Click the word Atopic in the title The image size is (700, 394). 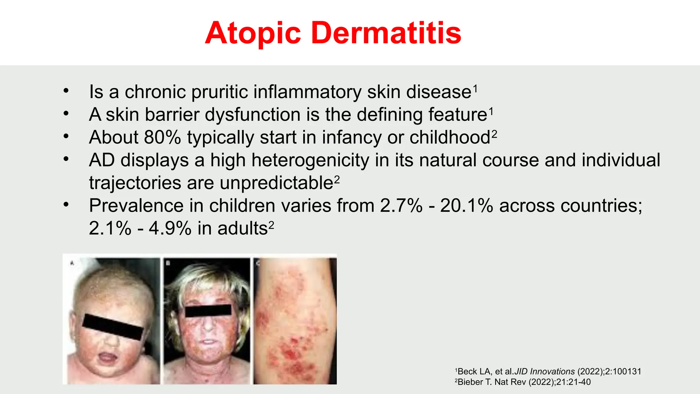click(x=253, y=33)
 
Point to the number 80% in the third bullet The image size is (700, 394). click(x=162, y=137)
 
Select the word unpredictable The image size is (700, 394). click(x=277, y=183)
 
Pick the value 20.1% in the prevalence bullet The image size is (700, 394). click(x=467, y=206)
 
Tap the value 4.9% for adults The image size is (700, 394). click(x=170, y=228)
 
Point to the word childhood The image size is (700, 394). click(x=450, y=137)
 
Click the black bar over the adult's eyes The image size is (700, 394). click(x=208, y=311)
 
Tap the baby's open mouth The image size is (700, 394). click(x=108, y=358)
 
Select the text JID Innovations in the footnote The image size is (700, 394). click(x=544, y=371)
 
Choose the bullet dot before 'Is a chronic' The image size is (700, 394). click(x=66, y=91)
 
